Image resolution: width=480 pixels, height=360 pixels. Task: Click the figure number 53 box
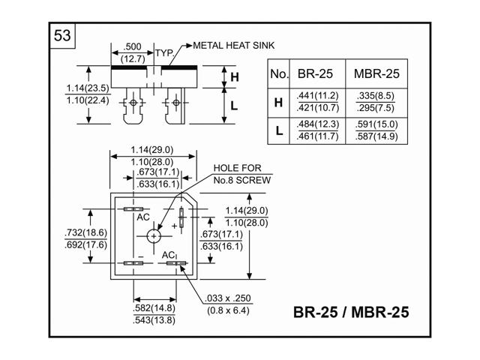pyautogui.click(x=62, y=35)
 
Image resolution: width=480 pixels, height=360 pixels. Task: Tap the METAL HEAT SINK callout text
pyautogui.click(x=234, y=46)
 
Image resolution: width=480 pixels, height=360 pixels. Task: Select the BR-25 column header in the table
pyautogui.click(x=315, y=73)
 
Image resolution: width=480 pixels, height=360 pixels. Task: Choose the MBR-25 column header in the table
pyautogui.click(x=376, y=73)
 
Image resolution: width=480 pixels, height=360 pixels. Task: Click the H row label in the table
pyautogui.click(x=278, y=103)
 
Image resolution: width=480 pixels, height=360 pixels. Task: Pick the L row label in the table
pyautogui.click(x=279, y=131)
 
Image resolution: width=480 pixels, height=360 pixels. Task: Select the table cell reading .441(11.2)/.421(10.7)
pyautogui.click(x=318, y=102)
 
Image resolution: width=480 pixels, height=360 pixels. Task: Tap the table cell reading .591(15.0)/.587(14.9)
pyautogui.click(x=376, y=130)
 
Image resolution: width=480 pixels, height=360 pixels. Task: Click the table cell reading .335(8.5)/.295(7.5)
pyautogui.click(x=376, y=102)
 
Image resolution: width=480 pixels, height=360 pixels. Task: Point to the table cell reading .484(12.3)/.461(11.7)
pyautogui.click(x=318, y=130)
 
